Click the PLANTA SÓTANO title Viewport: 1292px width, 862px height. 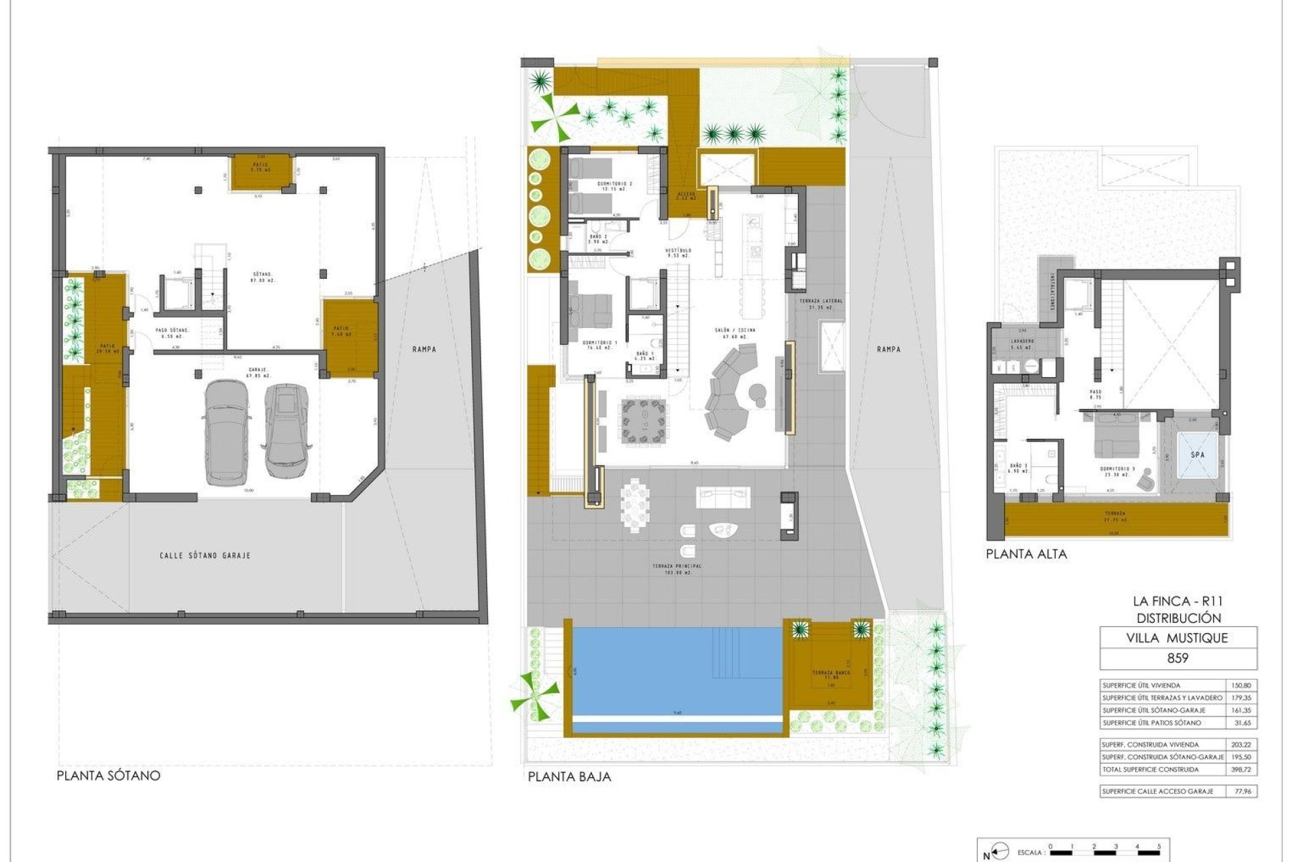tap(108, 775)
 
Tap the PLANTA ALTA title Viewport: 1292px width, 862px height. tap(1026, 554)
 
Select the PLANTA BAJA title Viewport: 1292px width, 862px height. tap(569, 776)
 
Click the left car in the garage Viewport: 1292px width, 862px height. tap(227, 432)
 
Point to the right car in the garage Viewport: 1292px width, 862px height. tap(287, 430)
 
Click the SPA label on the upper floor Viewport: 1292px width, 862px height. tap(1198, 455)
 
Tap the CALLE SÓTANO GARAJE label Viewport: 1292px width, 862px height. tap(205, 556)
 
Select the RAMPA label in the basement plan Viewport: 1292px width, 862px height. tap(425, 349)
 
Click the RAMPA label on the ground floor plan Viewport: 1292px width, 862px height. tap(888, 349)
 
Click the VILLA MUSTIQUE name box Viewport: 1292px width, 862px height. tap(1178, 638)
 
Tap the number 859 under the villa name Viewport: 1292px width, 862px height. tap(1178, 658)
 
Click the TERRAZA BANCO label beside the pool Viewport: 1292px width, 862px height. tap(831, 675)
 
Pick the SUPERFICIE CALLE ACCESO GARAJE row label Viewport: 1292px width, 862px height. tap(1157, 791)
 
